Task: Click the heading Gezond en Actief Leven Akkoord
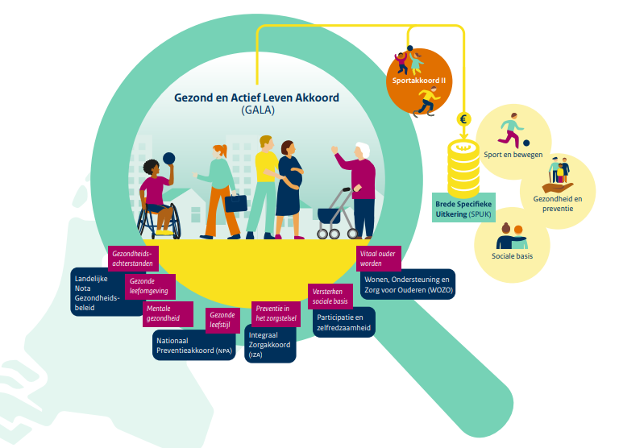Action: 256,97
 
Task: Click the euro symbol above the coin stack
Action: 463,119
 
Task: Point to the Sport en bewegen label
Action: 513,154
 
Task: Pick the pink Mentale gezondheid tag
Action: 168,313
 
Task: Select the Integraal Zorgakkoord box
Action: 269,344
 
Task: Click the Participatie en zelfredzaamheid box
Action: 343,323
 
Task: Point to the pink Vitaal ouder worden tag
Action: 378,259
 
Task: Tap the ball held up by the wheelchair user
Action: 169,159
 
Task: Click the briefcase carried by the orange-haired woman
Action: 235,202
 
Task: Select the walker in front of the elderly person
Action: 334,215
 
